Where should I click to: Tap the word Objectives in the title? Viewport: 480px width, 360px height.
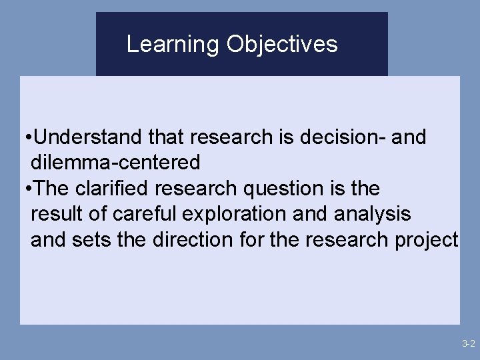coord(282,45)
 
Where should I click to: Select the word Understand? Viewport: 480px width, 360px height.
coord(87,137)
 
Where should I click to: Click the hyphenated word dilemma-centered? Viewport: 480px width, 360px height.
coord(115,163)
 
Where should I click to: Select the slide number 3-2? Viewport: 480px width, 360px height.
coord(467,344)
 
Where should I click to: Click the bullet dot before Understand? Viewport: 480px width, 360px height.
coord(25,138)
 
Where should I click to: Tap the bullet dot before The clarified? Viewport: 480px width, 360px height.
coord(25,189)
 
